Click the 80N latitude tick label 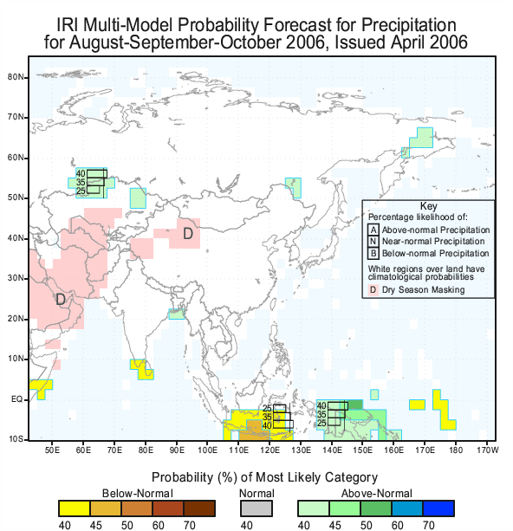(x=16, y=77)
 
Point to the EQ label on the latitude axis (x=16, y=399)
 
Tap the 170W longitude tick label (x=488, y=450)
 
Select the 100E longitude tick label (x=207, y=450)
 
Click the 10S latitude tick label (x=16, y=439)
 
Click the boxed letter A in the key (x=373, y=230)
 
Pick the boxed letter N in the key (x=373, y=242)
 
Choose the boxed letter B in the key (x=373, y=253)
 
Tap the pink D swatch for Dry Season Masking (x=373, y=290)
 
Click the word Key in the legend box (x=428, y=206)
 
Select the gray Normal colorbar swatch (x=256, y=508)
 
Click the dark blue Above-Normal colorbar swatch (x=438, y=508)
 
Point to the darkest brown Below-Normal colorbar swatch (x=199, y=508)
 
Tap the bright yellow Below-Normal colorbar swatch (x=75, y=508)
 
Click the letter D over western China (x=188, y=233)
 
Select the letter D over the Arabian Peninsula (x=61, y=300)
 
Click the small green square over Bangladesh (x=177, y=314)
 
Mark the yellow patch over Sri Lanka (x=142, y=370)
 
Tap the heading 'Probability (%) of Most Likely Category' (x=264, y=477)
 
